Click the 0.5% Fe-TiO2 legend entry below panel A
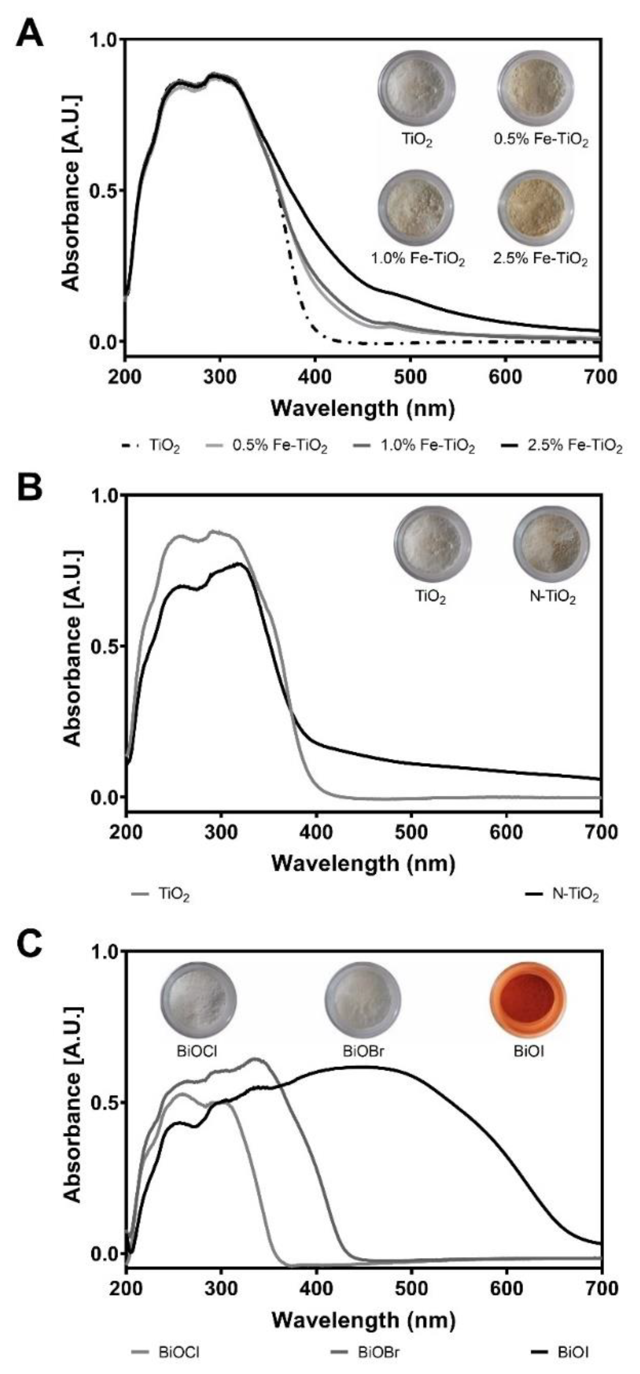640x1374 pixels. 267,446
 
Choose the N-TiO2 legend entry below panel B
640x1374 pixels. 563,895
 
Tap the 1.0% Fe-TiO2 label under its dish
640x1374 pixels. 418,260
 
